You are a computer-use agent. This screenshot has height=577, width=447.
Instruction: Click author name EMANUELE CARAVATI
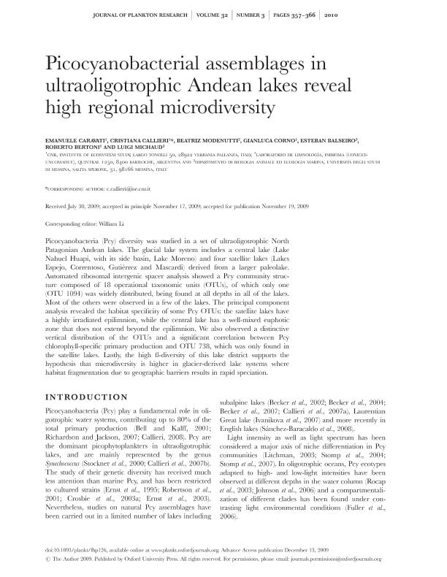point(76,139)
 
